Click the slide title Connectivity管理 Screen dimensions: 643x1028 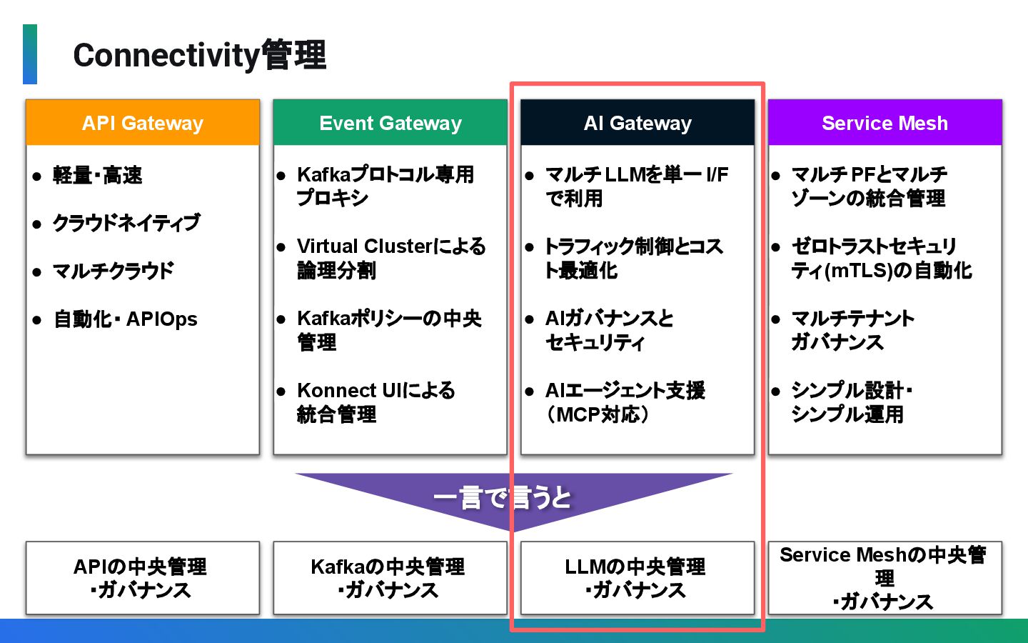point(199,55)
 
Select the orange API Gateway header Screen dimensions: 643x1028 point(143,123)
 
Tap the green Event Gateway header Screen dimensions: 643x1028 point(390,123)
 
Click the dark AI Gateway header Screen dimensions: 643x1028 point(638,123)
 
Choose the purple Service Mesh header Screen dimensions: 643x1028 point(885,123)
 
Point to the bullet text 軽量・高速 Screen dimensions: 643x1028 point(98,175)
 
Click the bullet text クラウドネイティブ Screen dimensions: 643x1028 point(126,223)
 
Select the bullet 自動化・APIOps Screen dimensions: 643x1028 point(126,319)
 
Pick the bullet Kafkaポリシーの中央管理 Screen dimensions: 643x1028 point(389,330)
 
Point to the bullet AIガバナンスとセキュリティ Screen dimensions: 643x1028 point(609,330)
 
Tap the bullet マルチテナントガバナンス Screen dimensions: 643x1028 point(852,330)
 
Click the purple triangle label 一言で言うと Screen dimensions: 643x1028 point(503,497)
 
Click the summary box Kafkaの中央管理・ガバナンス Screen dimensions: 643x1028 point(390,578)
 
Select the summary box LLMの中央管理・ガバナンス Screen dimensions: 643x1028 point(638,578)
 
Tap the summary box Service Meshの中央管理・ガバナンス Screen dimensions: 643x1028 point(885,578)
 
